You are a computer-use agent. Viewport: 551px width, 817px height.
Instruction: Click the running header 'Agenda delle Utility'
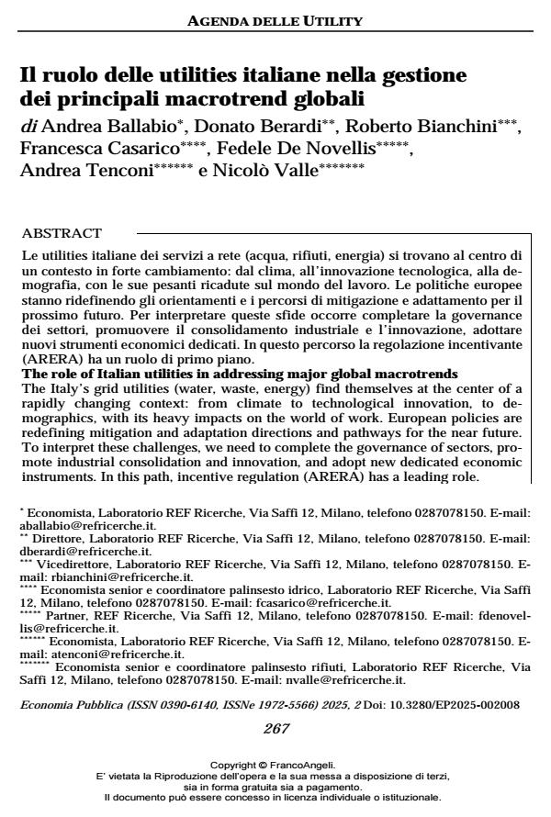[x=275, y=20]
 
